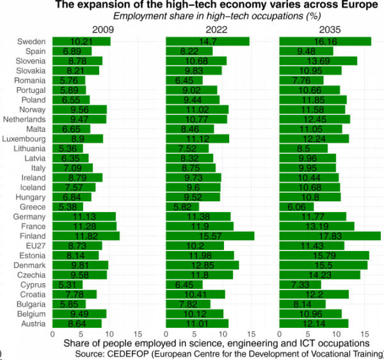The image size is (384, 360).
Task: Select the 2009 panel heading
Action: click(103, 29)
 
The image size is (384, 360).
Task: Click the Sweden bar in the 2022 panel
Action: click(207, 42)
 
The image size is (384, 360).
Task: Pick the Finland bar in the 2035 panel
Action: click(330, 236)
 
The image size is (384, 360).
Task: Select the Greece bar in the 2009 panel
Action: click(67, 207)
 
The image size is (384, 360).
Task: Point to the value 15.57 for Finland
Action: click(209, 236)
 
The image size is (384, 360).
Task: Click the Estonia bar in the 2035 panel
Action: click(324, 256)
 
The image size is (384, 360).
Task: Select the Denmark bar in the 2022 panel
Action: click(202, 265)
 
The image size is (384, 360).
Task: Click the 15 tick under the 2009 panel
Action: click(138, 334)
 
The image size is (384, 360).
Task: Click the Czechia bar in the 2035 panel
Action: click(319, 275)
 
